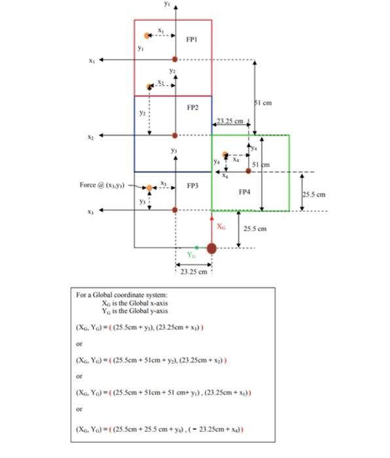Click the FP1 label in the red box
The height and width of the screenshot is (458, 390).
191,39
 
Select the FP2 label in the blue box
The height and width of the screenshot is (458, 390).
192,107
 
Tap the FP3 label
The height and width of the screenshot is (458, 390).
192,186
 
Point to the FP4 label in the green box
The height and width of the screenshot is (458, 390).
244,192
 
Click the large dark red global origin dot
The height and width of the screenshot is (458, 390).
211,248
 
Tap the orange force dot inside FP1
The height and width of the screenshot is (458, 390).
147,36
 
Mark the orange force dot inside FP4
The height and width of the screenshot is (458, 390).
226,155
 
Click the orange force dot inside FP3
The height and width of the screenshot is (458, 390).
150,188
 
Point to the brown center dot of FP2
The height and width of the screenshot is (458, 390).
175,135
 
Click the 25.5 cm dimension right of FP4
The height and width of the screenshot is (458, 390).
313,194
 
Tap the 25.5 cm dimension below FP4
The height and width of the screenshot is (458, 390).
255,229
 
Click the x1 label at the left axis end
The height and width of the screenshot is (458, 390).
93,60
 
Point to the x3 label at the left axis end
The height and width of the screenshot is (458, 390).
93,211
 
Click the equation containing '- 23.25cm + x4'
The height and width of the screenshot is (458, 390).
161,430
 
